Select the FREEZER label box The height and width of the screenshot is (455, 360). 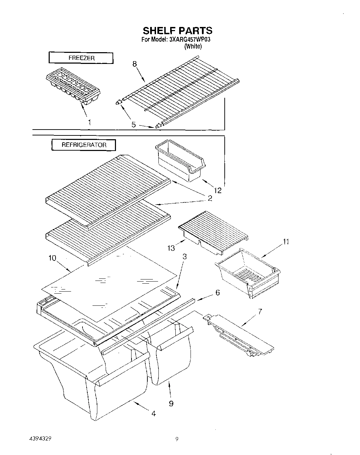(x=81, y=58)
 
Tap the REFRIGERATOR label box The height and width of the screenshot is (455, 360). (x=84, y=145)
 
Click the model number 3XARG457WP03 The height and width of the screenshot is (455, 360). (x=190, y=40)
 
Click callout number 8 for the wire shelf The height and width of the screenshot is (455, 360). (x=134, y=64)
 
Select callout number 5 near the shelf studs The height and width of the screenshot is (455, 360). (x=134, y=125)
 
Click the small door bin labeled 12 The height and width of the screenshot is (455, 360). (x=179, y=162)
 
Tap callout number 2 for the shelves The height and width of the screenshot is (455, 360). (x=209, y=198)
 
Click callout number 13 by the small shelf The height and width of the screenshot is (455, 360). (x=171, y=248)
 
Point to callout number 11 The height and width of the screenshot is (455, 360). (x=286, y=242)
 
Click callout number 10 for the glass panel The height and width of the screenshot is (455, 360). (x=52, y=258)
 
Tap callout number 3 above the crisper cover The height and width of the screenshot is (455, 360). (x=185, y=257)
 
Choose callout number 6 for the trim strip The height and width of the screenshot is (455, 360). (x=217, y=293)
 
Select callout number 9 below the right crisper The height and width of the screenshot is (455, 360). (x=171, y=403)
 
